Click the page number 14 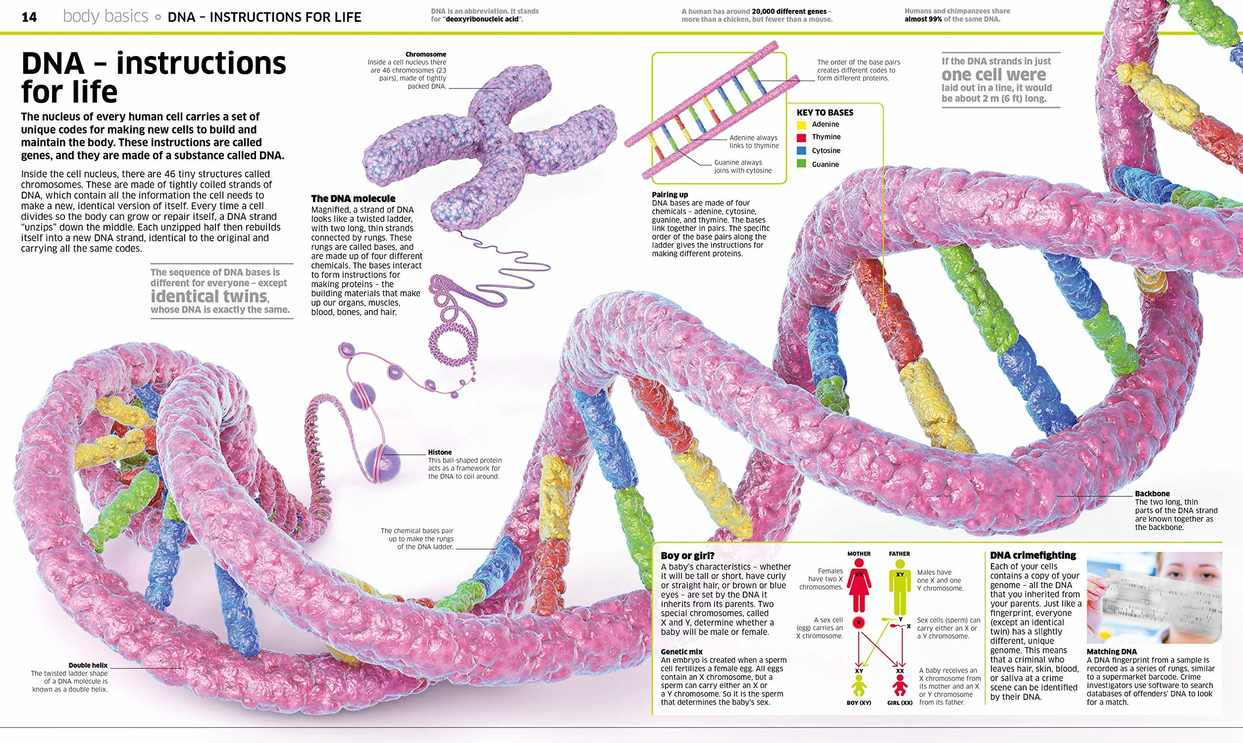pyautogui.click(x=29, y=17)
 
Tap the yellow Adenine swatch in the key pyautogui.click(x=802, y=125)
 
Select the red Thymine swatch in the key pyautogui.click(x=802, y=137)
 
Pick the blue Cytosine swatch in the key pyautogui.click(x=802, y=151)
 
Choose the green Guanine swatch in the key pyautogui.click(x=802, y=164)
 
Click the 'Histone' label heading pyautogui.click(x=440, y=452)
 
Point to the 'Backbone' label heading pyautogui.click(x=1152, y=493)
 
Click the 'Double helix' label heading pyautogui.click(x=88, y=665)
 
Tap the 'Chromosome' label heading pyautogui.click(x=426, y=54)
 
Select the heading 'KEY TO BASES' pyautogui.click(x=825, y=112)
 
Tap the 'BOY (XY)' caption pyautogui.click(x=859, y=702)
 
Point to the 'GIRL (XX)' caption pyautogui.click(x=900, y=702)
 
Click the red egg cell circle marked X pyautogui.click(x=859, y=623)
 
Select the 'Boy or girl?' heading pyautogui.click(x=687, y=556)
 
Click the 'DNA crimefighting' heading pyautogui.click(x=1033, y=555)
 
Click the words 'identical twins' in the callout pyautogui.click(x=209, y=296)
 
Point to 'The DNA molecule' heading pyautogui.click(x=353, y=199)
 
